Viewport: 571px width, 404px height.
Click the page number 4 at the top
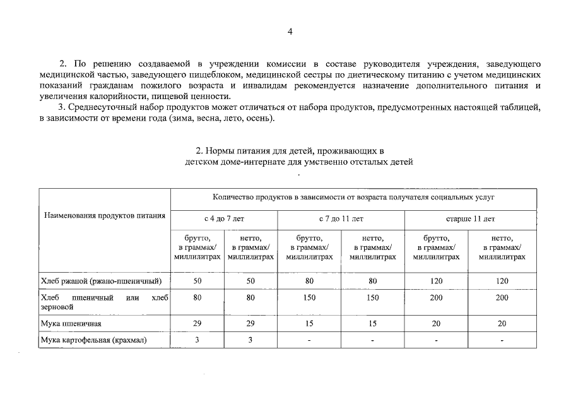pyautogui.click(x=290, y=32)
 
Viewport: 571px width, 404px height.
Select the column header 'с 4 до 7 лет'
pyautogui.click(x=224, y=219)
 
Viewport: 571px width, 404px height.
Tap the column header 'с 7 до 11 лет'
pyautogui.click(x=341, y=219)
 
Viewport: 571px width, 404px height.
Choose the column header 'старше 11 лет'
pyautogui.click(x=470, y=219)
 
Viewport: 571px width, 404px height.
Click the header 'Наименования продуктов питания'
pyautogui.click(x=104, y=215)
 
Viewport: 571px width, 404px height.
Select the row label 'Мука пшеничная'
pyautogui.click(x=71, y=323)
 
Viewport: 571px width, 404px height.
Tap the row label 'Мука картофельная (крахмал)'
pyautogui.click(x=93, y=340)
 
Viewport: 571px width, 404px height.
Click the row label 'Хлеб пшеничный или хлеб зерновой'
pyautogui.click(x=104, y=302)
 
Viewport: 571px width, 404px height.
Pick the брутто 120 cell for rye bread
pyautogui.click(x=436, y=280)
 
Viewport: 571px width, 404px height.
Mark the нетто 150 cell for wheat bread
pyautogui.click(x=372, y=297)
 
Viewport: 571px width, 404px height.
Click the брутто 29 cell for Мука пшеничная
pyautogui.click(x=197, y=323)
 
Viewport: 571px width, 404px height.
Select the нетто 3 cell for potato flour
pyautogui.click(x=250, y=340)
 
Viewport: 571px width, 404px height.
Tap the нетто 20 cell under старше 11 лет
pyautogui.click(x=502, y=323)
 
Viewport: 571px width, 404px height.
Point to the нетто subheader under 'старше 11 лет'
pyautogui.click(x=502, y=247)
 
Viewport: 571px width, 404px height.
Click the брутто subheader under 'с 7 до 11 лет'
pyautogui.click(x=309, y=247)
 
